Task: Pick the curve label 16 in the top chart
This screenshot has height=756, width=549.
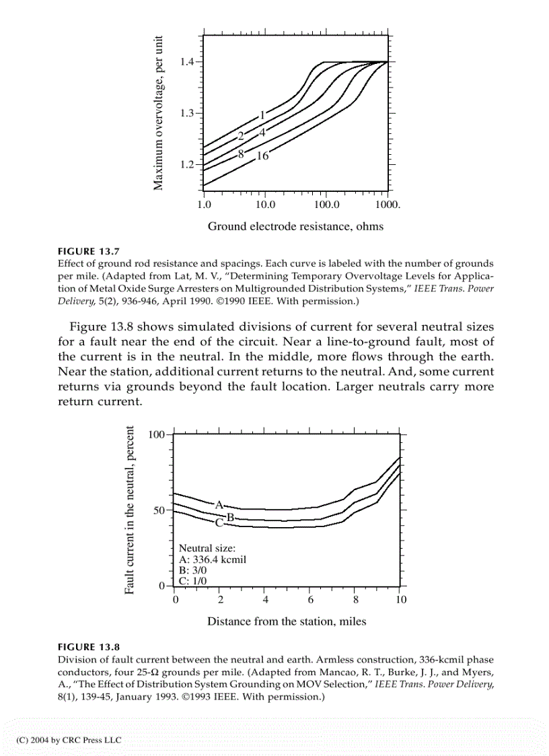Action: coord(262,156)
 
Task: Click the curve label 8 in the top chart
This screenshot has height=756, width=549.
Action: coord(240,154)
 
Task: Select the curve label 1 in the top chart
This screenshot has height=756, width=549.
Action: coord(263,114)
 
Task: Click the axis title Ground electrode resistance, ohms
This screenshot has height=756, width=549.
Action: coord(295,226)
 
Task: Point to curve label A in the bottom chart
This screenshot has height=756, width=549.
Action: coord(219,504)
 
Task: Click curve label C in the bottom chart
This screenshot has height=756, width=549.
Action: coord(219,522)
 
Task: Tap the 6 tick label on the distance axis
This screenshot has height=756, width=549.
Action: coord(311,599)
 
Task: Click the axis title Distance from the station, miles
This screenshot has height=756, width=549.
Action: coord(287,621)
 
